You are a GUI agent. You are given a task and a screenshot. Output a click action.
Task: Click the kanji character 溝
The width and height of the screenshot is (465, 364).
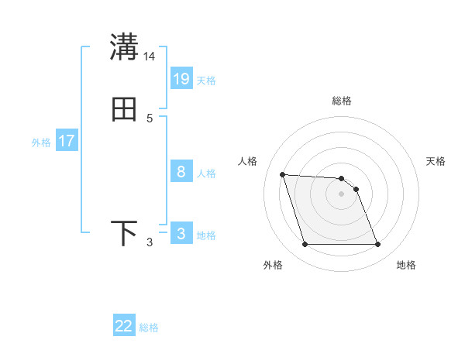(124, 47)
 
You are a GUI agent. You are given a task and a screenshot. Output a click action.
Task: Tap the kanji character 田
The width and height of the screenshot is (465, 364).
(124, 110)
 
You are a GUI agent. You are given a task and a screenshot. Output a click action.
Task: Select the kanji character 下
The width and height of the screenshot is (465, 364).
(124, 233)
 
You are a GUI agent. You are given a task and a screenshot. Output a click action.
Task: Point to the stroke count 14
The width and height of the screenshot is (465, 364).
(150, 57)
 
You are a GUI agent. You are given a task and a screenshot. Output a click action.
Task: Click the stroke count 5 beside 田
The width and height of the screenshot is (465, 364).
(150, 118)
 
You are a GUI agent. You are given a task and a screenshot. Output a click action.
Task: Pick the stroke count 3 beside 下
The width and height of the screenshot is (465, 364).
(150, 242)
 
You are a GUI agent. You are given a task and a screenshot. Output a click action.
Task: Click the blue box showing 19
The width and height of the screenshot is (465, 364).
(181, 78)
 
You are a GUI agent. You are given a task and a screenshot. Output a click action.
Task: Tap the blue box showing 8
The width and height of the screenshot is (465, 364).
(181, 172)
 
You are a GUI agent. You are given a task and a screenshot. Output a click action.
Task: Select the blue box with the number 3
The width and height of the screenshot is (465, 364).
(181, 234)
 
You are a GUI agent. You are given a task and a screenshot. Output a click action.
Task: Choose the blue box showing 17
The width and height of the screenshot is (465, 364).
(67, 141)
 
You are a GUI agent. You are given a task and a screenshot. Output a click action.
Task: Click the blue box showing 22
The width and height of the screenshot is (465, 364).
(124, 326)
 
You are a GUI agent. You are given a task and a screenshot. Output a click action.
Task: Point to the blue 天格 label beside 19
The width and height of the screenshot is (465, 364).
(206, 80)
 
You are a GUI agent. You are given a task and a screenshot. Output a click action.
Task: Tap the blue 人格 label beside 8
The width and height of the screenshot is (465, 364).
(206, 173)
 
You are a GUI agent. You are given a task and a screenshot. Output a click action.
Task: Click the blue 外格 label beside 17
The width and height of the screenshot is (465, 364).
(41, 143)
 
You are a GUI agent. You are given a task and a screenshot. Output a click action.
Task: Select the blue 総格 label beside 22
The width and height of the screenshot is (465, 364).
(149, 328)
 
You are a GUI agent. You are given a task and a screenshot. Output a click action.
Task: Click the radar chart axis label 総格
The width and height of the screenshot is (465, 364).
(342, 101)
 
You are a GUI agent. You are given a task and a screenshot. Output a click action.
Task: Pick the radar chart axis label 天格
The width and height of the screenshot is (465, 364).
(436, 161)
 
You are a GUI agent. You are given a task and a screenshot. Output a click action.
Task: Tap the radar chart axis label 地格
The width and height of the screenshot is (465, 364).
(406, 266)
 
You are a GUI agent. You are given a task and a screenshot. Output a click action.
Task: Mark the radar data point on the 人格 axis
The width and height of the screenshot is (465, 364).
(282, 174)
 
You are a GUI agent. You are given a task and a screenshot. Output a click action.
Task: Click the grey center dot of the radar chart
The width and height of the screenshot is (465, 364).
(342, 194)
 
